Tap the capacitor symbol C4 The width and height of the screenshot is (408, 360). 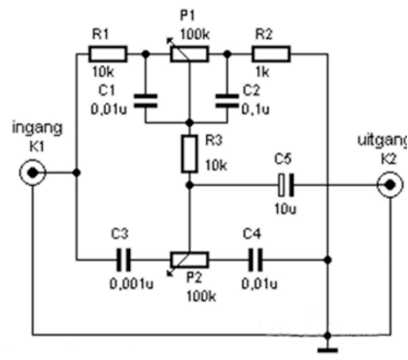(x=255, y=260)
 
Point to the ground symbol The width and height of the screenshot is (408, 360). (x=328, y=344)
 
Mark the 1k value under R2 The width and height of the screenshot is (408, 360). (x=264, y=75)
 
